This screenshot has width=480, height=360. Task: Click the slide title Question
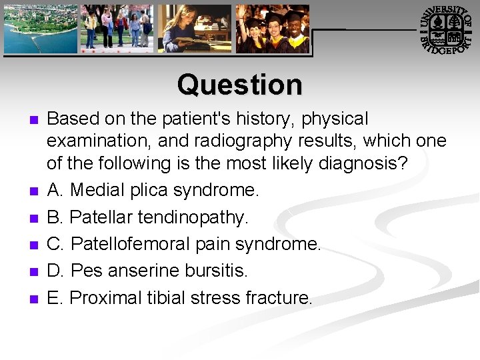239,85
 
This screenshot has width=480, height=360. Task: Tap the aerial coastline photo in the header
41,29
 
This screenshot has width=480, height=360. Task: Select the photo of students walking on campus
117,29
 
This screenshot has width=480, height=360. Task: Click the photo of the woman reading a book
195,29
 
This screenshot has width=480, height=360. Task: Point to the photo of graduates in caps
273,29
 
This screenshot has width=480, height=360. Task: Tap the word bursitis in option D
214,271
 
